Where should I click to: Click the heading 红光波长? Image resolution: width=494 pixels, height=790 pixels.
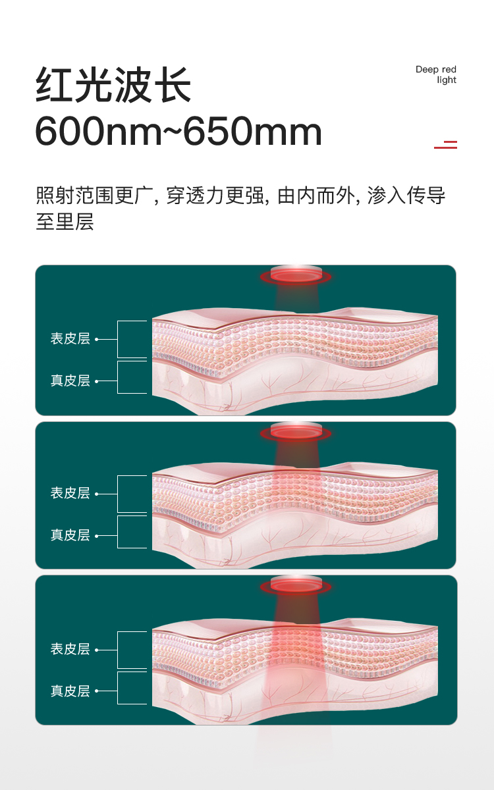coord(113,85)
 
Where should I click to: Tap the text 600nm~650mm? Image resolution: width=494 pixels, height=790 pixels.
coord(178,132)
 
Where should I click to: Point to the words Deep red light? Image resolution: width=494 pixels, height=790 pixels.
coord(436,74)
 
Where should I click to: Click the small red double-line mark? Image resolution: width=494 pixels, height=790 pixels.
coord(446,144)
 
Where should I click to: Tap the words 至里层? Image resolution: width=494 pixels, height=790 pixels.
coord(65,221)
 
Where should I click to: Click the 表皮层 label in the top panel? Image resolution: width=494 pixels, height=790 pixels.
coord(70,338)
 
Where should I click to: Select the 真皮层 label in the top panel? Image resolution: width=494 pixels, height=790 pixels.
coord(70,381)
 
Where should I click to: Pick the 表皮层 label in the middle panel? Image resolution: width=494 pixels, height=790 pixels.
coord(70,493)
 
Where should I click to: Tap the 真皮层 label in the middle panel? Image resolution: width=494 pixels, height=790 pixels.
coord(70,535)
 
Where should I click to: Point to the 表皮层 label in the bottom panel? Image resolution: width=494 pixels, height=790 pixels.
coord(70,648)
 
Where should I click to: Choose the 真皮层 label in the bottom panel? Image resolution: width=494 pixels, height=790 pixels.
coord(70,691)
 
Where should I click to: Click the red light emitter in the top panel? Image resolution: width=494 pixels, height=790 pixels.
coord(296,275)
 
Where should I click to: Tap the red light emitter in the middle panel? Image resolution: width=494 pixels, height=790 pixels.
coord(296,431)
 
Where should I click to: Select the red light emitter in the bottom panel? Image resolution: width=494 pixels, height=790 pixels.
coord(296,585)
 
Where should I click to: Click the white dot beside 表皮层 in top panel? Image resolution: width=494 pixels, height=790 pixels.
coord(97,339)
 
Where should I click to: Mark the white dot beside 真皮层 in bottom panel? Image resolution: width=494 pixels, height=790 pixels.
coord(97,691)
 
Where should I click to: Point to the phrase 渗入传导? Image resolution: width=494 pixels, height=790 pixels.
coord(406,196)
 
